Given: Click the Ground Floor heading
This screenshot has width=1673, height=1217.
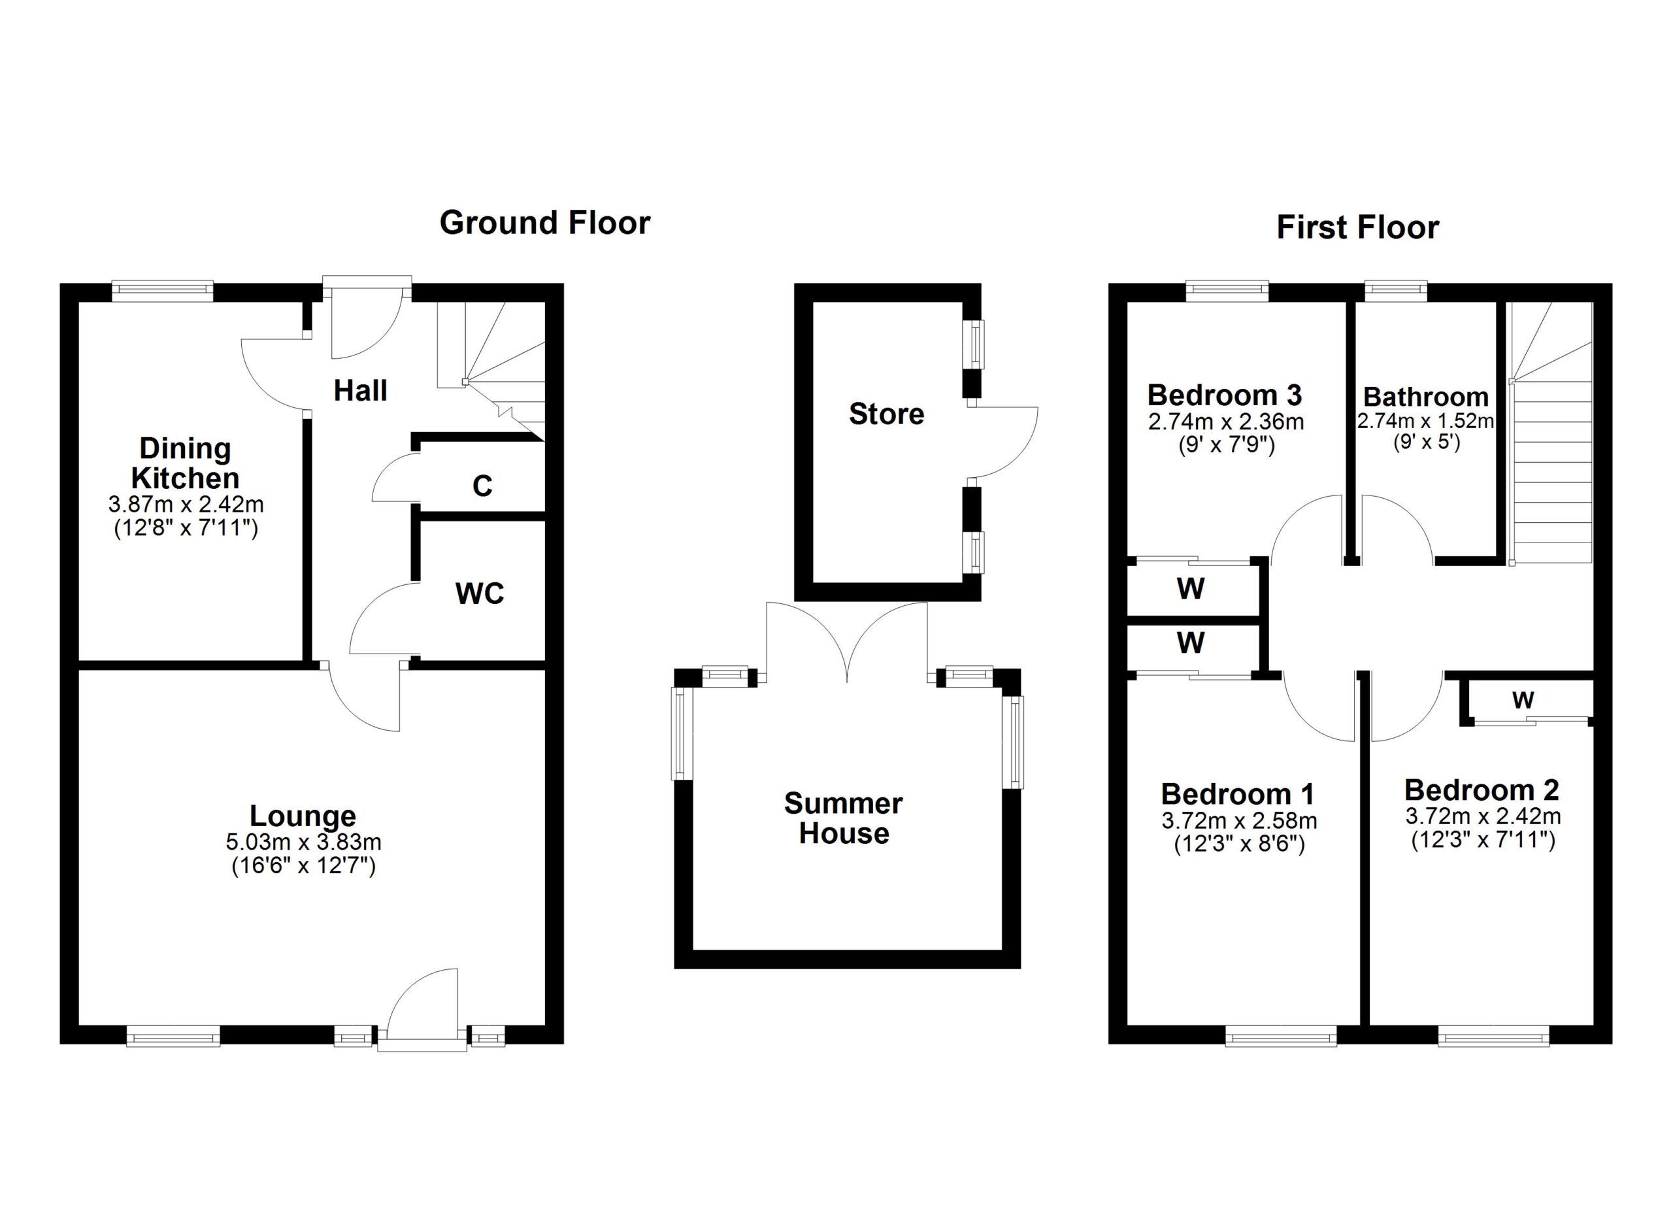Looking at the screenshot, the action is point(545,223).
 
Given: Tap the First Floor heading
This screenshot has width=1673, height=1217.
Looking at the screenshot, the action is point(1357,227).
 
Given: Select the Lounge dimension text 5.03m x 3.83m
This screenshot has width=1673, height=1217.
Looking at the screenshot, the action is point(304,842).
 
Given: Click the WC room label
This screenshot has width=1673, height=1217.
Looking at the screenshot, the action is point(480,593).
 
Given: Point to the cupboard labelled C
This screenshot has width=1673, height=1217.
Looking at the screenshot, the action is point(482,486).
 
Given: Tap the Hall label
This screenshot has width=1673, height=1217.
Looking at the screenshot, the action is point(361,390).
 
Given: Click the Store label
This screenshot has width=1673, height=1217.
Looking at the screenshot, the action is point(887,414).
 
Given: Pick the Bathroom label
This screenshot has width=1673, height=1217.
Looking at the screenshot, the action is point(1426,397).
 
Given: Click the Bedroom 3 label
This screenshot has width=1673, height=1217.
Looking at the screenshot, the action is point(1225,395).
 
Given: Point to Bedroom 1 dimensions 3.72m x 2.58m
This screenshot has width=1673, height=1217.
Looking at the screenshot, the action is point(1239,821).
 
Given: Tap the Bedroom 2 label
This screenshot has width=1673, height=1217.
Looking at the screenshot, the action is point(1482,790).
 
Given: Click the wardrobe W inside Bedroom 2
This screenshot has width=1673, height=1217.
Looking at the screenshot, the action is point(1523,699).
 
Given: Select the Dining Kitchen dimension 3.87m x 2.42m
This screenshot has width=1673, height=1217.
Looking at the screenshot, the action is point(186,505).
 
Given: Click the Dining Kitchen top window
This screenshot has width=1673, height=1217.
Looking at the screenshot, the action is point(162,291).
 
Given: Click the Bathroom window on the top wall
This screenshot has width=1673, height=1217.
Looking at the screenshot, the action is point(1396,291).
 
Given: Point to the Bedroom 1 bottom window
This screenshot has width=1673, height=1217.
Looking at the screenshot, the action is point(1282,1038).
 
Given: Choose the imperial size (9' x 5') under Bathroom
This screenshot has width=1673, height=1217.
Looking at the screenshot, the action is point(1427,442).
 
